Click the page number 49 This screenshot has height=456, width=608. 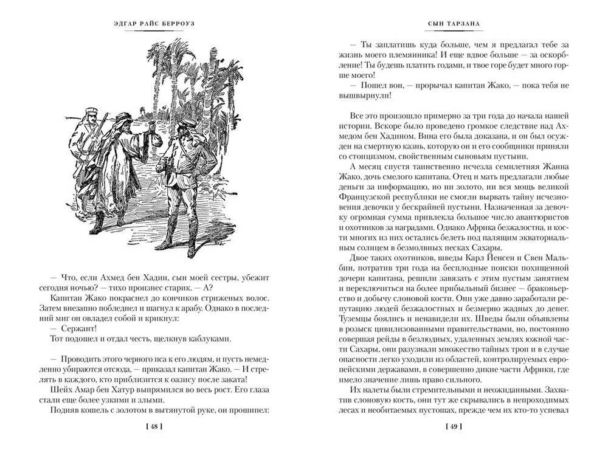[x=455, y=426]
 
